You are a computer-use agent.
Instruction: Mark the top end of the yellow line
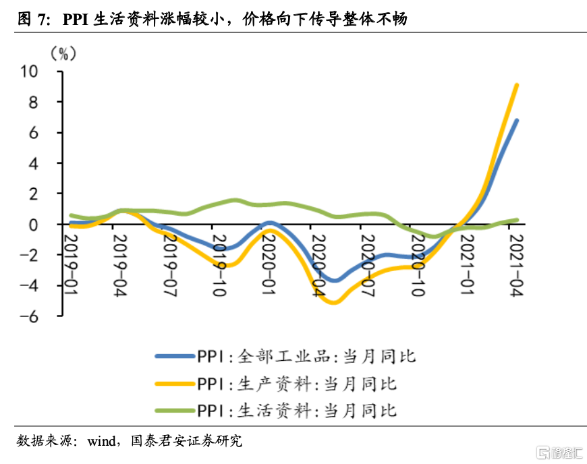(516, 85)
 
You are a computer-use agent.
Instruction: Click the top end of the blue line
(516, 121)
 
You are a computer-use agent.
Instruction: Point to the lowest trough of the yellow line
(333, 302)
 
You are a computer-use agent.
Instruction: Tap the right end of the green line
(516, 220)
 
